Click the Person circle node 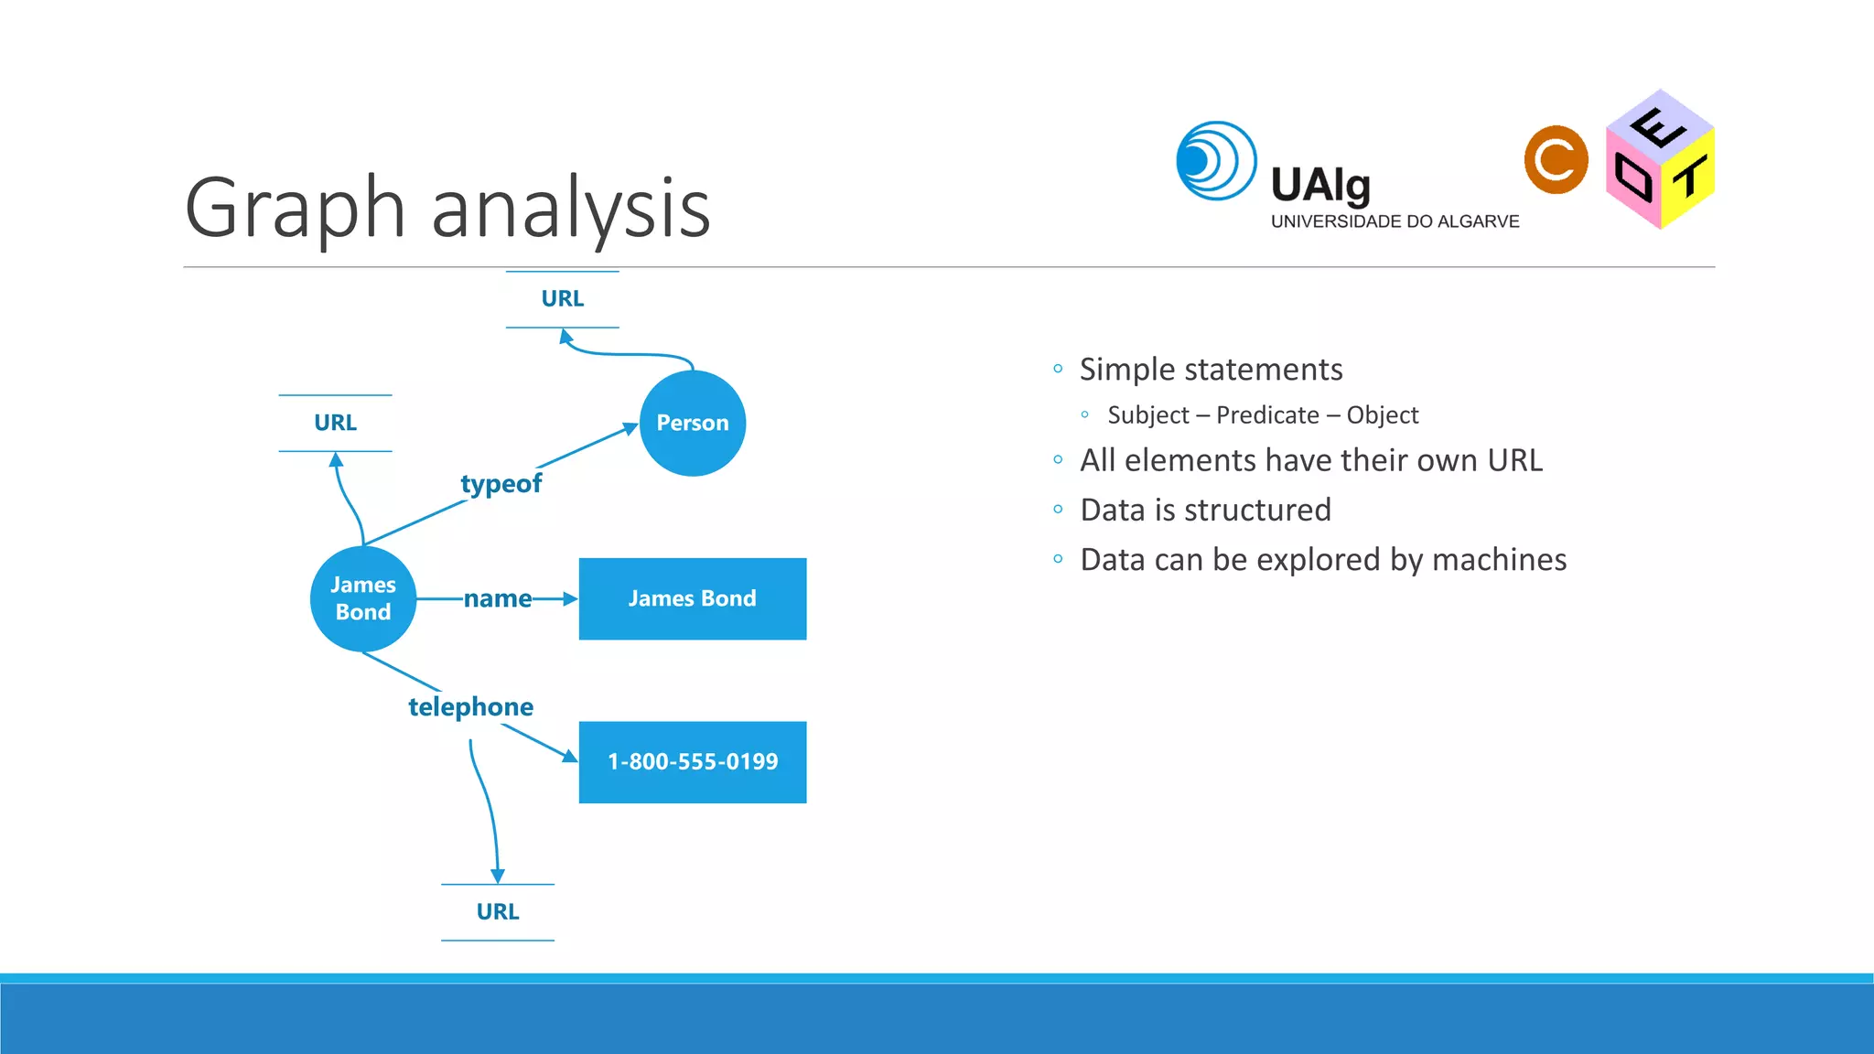pyautogui.click(x=692, y=423)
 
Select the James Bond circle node pyautogui.click(x=363, y=598)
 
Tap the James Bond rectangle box pyautogui.click(x=692, y=598)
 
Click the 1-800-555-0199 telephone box pyautogui.click(x=692, y=761)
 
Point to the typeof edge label pyautogui.click(x=501, y=483)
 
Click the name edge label pyautogui.click(x=497, y=598)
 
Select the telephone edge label pyautogui.click(x=470, y=706)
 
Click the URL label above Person pyautogui.click(x=562, y=299)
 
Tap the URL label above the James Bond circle pyautogui.click(x=335, y=423)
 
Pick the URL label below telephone pyautogui.click(x=497, y=911)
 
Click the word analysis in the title pyautogui.click(x=570, y=209)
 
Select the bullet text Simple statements pyautogui.click(x=1211, y=370)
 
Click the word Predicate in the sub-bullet pyautogui.click(x=1267, y=415)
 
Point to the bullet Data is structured pyautogui.click(x=1205, y=510)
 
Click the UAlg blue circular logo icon pyautogui.click(x=1215, y=161)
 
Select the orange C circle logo pyautogui.click(x=1556, y=160)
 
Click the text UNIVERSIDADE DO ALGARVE pyautogui.click(x=1395, y=221)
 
